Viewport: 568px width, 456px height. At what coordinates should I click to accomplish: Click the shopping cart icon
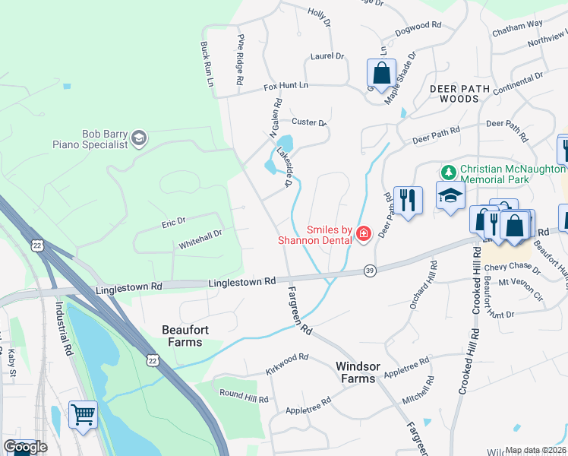(x=83, y=415)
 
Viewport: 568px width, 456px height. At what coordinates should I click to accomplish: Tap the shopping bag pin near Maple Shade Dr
(x=381, y=74)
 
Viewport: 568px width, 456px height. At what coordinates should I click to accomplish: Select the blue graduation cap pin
(x=450, y=195)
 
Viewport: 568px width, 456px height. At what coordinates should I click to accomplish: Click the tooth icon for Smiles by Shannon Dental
(x=363, y=234)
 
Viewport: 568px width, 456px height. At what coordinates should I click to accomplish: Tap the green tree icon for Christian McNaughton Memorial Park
(x=449, y=172)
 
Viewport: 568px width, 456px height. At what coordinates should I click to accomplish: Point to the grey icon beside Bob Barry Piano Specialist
(x=138, y=138)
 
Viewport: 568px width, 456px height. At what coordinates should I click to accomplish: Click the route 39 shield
(x=369, y=270)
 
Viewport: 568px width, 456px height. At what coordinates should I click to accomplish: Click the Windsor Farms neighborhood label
(x=356, y=372)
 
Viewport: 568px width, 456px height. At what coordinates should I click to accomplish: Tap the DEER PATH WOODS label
(x=464, y=93)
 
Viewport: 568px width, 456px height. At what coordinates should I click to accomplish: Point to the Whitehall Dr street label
(x=200, y=241)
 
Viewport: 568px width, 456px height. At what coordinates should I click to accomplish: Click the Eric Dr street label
(x=173, y=222)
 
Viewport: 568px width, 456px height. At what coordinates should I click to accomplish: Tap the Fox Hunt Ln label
(x=286, y=87)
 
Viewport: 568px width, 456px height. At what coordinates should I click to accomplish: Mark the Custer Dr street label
(x=308, y=122)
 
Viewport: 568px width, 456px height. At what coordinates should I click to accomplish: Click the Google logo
(x=25, y=447)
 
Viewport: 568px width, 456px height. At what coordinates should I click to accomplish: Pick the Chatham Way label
(x=517, y=27)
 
